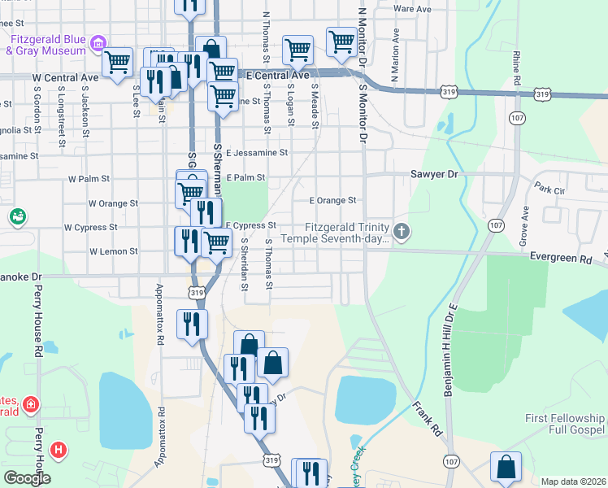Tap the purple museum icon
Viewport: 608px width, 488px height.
(98, 41)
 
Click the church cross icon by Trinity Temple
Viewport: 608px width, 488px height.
(402, 232)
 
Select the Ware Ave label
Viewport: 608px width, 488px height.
(412, 8)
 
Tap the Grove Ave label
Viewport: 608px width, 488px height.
(525, 220)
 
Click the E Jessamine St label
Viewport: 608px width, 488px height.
(257, 152)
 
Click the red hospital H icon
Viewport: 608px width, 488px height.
(58, 448)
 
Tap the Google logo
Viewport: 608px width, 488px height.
(26, 478)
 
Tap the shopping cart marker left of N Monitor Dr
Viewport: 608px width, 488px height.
(341, 41)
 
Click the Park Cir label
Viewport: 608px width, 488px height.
(549, 190)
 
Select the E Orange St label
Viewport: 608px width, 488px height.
(332, 200)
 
